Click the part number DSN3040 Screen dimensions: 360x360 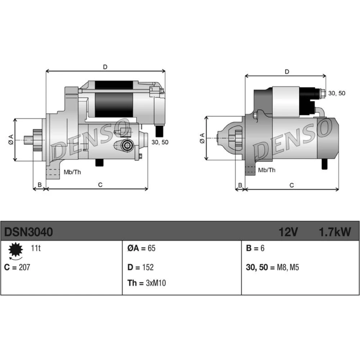[x=28, y=232]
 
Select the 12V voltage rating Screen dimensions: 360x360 [x=288, y=232]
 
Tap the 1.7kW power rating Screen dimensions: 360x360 [x=335, y=232]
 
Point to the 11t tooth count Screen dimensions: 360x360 [x=36, y=248]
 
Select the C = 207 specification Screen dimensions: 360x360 [x=17, y=267]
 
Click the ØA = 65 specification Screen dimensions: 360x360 [x=141, y=248]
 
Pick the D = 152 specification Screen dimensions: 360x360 [x=140, y=267]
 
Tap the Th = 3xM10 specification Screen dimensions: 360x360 [x=147, y=283]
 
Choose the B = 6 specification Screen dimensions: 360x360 [x=255, y=248]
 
